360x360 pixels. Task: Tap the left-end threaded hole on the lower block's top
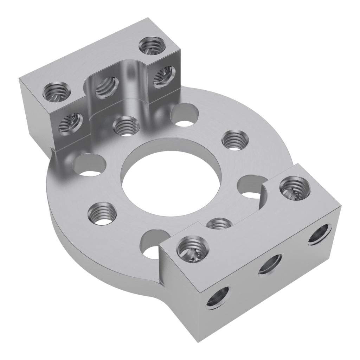(x=192, y=249)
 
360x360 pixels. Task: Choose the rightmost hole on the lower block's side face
(x=320, y=234)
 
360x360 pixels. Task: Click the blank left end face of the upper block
(x=35, y=107)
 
